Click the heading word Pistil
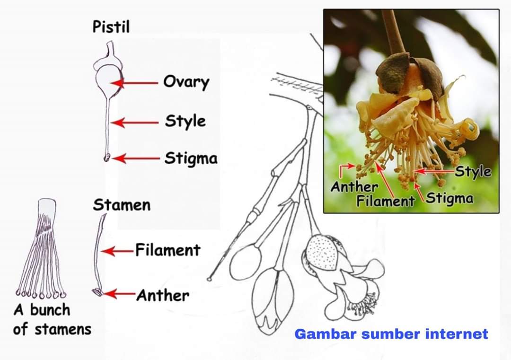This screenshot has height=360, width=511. coord(111,26)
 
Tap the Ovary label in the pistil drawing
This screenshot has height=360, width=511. coord(186,82)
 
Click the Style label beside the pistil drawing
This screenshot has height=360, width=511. coord(185,121)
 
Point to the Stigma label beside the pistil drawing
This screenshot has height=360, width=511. coord(191,158)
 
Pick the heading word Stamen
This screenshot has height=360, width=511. coord(122,205)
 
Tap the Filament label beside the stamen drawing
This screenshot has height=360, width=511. coord(168,250)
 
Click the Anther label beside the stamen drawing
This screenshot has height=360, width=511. coord(163,296)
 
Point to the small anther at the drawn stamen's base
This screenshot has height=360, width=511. coord(97,292)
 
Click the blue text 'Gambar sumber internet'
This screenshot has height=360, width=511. coord(391,334)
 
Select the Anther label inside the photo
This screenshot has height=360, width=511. coord(354,187)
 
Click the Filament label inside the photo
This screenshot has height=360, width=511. coord(385,201)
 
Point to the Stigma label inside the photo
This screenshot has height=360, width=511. coord(449,198)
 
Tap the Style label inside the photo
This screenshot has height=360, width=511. coord(473,171)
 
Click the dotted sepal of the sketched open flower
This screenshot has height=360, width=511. coord(323,254)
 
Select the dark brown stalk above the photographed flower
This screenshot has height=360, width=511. coord(394,31)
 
